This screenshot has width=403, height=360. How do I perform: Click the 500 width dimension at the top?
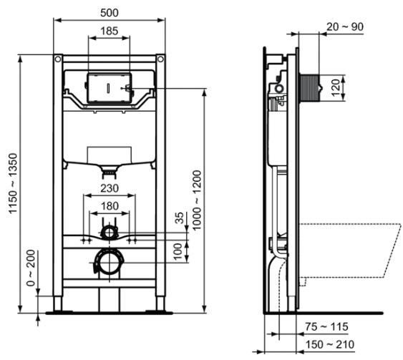(x=109, y=13)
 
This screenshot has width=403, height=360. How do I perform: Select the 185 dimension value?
(x=109, y=31)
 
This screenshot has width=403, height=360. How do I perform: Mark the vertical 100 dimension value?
(x=180, y=251)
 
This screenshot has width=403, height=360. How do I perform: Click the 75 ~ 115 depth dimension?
(x=326, y=327)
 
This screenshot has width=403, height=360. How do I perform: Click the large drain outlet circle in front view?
(x=108, y=262)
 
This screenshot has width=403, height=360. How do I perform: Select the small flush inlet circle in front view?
(x=108, y=232)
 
